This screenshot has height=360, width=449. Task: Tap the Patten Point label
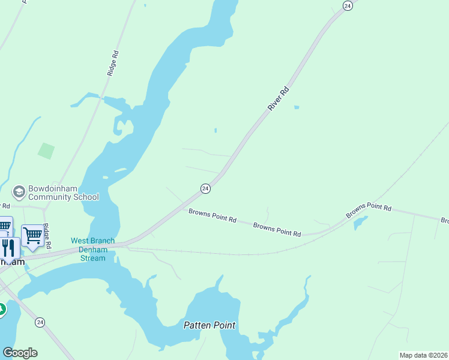pos(209,326)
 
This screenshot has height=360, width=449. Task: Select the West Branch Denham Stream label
pos(92,249)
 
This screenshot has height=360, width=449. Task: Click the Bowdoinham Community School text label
pos(63,193)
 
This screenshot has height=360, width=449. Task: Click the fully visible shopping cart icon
pos(32,236)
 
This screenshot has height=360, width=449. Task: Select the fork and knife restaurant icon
pos(8,247)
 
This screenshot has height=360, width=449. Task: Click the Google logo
pos(20,353)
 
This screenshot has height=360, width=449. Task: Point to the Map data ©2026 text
pos(423,355)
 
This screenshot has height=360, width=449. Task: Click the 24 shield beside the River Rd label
pos(205,188)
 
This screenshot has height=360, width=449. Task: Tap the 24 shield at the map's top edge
pos(347,5)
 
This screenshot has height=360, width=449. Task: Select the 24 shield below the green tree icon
pos(40,322)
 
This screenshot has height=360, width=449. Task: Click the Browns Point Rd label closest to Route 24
pos(212,215)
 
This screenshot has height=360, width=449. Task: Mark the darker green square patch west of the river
pos(46,151)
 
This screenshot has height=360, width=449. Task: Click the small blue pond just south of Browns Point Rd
pos(360,223)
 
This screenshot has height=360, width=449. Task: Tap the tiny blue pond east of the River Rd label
pos(297,108)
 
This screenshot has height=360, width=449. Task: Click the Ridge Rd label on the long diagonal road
pos(113,62)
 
